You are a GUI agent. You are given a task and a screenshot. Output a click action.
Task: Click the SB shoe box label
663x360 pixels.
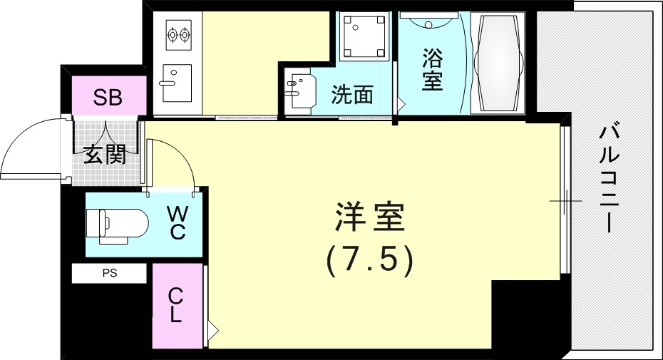(108, 97)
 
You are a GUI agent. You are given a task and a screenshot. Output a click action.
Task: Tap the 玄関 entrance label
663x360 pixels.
(105, 155)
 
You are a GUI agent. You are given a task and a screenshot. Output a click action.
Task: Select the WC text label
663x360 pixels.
(178, 222)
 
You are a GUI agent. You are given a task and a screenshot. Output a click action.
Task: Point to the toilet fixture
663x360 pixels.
(117, 225)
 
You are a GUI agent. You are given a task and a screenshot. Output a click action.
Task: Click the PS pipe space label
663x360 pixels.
(110, 273)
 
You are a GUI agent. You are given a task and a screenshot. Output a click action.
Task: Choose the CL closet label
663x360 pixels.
(175, 305)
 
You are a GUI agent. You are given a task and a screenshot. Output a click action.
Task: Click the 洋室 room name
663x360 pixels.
(369, 217)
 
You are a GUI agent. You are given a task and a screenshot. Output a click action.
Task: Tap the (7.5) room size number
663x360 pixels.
(369, 260)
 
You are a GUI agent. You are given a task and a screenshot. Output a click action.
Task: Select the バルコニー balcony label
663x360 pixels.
(610, 178)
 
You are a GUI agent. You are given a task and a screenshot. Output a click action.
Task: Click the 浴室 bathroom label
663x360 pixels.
(432, 70)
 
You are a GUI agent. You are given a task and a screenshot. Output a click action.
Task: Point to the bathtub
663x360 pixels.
(498, 63)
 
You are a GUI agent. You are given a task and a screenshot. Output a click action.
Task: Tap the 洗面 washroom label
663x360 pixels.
(351, 94)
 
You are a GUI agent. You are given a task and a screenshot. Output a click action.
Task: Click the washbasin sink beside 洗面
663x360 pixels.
(301, 91)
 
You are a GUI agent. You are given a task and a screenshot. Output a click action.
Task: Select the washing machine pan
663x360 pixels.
(364, 36)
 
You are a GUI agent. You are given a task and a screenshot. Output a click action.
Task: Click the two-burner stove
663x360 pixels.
(179, 34)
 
